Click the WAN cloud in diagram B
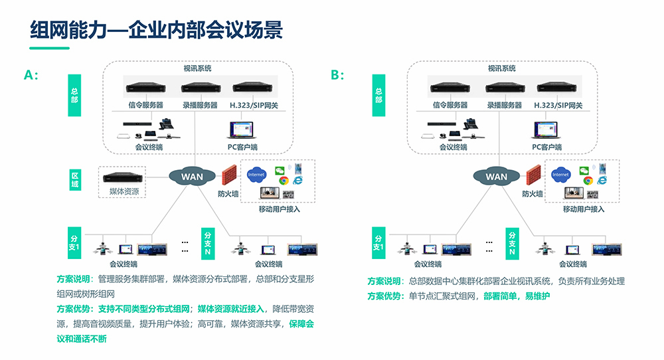pos(497,177)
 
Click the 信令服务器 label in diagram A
pos(145,105)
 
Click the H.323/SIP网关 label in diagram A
pos(254,105)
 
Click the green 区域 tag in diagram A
pos(74,179)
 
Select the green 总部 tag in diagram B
pos(378,95)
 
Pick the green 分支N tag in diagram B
pos(512,243)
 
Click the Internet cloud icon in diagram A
pos(256,175)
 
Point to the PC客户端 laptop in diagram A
pos(241,130)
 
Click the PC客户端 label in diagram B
pos(546,147)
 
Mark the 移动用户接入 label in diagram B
pos(584,209)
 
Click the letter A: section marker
pos(31,75)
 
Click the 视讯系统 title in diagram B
pos(502,68)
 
